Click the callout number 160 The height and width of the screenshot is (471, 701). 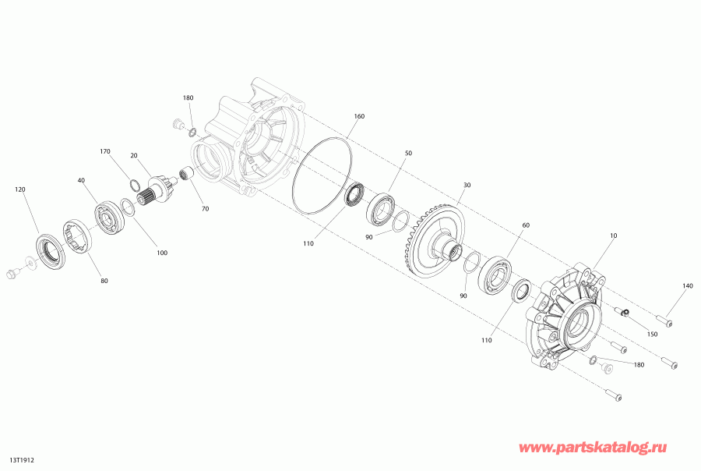(359, 116)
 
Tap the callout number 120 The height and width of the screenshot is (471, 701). (20, 189)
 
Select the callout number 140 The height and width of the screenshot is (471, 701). (688, 285)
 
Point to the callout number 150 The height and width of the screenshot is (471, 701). (652, 334)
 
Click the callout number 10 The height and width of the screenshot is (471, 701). (613, 235)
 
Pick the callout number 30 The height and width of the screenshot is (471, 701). (467, 185)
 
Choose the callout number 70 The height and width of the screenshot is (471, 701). (205, 209)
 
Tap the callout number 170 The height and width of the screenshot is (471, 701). (104, 151)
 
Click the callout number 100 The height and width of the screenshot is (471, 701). (162, 253)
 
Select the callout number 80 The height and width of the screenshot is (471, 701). (104, 282)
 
